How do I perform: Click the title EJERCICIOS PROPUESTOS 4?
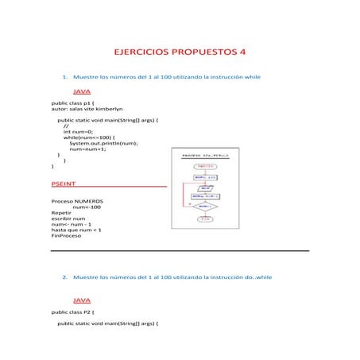(x=180, y=52)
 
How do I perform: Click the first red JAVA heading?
(x=82, y=92)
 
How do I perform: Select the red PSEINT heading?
(x=65, y=183)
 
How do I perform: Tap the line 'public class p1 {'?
(x=73, y=103)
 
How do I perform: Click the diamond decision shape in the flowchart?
(x=205, y=206)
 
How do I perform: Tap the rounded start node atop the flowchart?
(x=205, y=167)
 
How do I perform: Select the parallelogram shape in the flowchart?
(x=205, y=189)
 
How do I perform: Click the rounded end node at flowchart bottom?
(x=205, y=219)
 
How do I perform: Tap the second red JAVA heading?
(x=82, y=301)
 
